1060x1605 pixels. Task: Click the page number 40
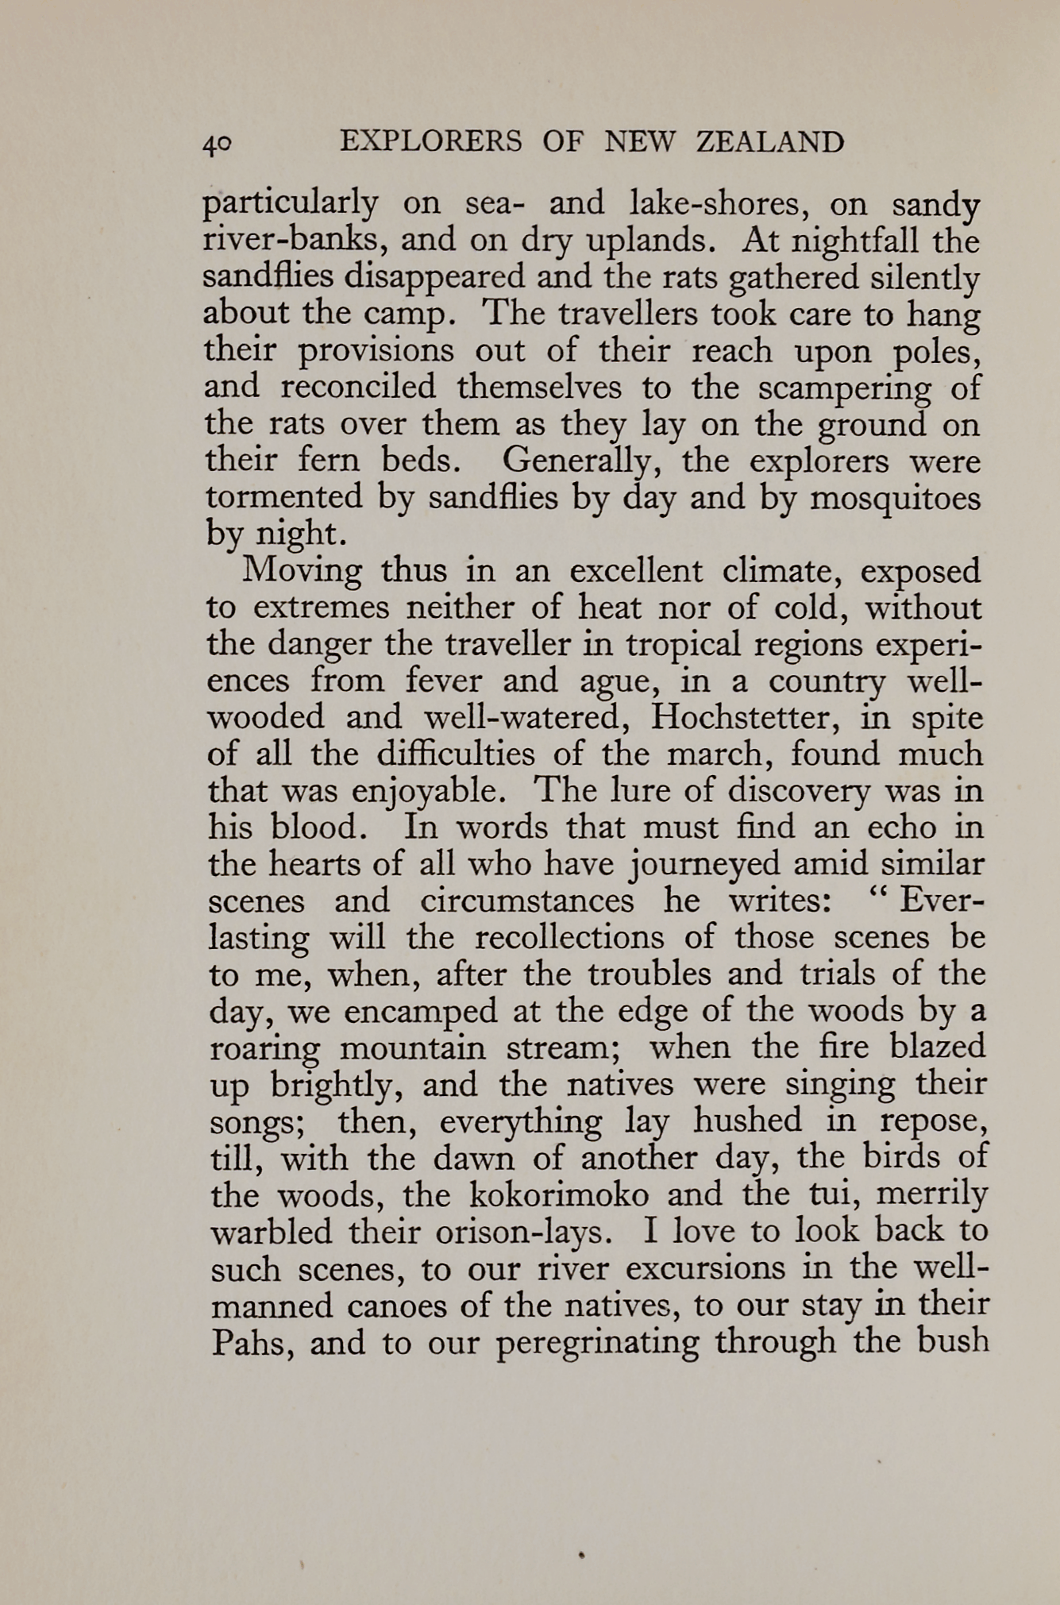pos(217,144)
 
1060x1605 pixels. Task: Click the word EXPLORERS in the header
pos(430,142)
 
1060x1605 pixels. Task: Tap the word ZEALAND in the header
pos(769,142)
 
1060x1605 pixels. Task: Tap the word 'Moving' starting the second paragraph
pos(302,571)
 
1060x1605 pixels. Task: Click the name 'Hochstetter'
pos(746,717)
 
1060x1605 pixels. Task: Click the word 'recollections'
pos(569,938)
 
